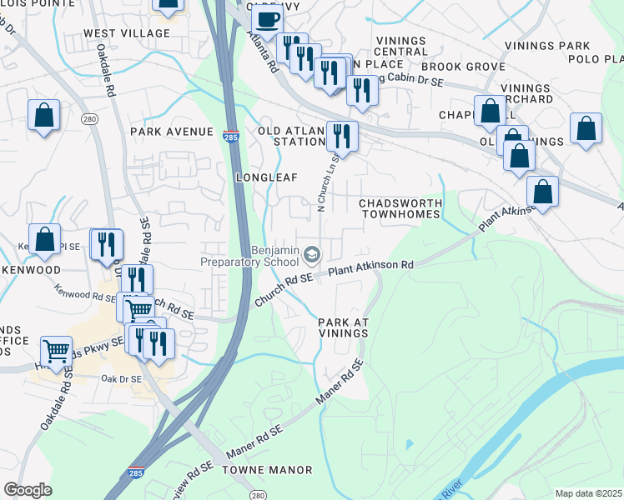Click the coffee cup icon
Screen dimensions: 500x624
coord(267,20)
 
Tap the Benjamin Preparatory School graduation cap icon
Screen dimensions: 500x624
coord(311,252)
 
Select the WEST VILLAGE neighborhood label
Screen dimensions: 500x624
coord(126,33)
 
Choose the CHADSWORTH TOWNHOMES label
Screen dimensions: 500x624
coord(399,208)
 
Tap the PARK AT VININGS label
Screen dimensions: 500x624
coord(343,327)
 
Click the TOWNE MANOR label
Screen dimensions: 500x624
coord(267,470)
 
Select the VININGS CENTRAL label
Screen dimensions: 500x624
coord(402,46)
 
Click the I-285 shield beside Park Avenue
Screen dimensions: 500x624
coord(229,134)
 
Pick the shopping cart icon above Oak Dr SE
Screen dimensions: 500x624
coord(55,352)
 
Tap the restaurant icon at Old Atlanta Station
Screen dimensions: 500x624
coord(342,133)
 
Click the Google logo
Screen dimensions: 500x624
coord(27,490)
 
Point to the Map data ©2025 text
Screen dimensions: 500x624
coord(588,493)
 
